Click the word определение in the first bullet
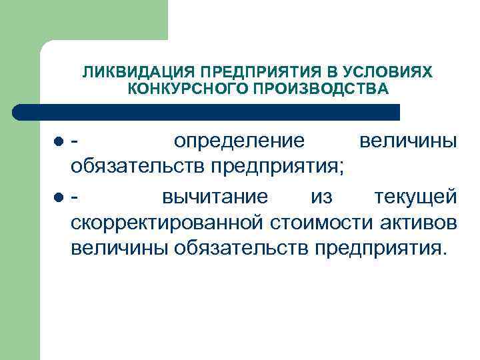click(x=239, y=141)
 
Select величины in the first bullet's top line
click(x=407, y=141)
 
